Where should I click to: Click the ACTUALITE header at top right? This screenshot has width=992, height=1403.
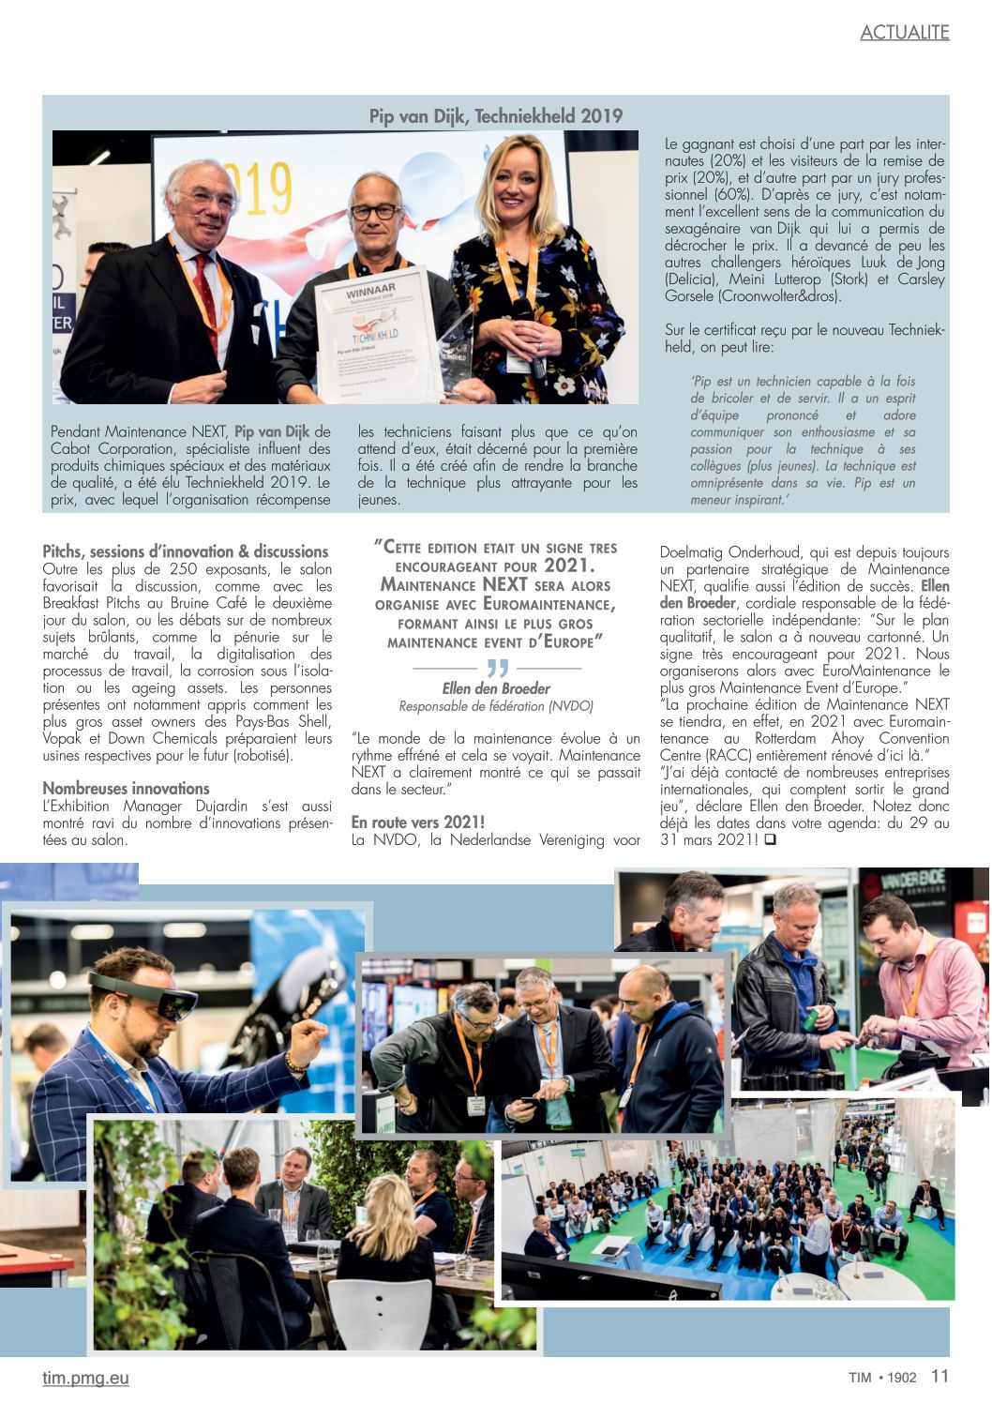[904, 33]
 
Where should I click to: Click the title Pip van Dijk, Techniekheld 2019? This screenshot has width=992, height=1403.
[495, 116]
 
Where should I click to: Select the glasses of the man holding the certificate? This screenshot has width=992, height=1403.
[374, 212]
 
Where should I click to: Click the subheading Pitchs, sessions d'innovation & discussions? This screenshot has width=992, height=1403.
[186, 551]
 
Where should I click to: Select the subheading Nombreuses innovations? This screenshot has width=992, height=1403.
[126, 789]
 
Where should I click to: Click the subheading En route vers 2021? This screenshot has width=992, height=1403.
[418, 822]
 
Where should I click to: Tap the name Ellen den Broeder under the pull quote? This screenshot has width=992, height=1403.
[496, 688]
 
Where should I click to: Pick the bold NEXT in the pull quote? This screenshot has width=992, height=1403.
[504, 584]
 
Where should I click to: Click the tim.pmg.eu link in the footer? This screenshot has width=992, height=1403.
[85, 1378]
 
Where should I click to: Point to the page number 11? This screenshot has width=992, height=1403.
[939, 1376]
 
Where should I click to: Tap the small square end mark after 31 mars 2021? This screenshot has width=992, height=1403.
[770, 840]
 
